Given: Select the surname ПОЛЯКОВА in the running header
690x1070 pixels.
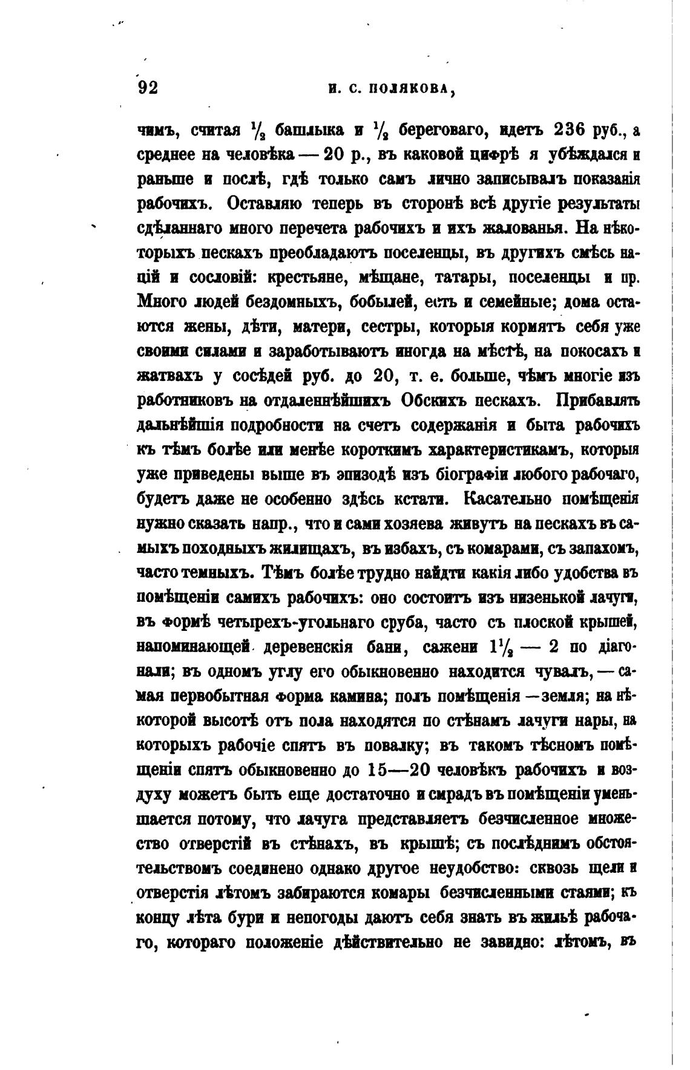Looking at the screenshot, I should click(x=411, y=90).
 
